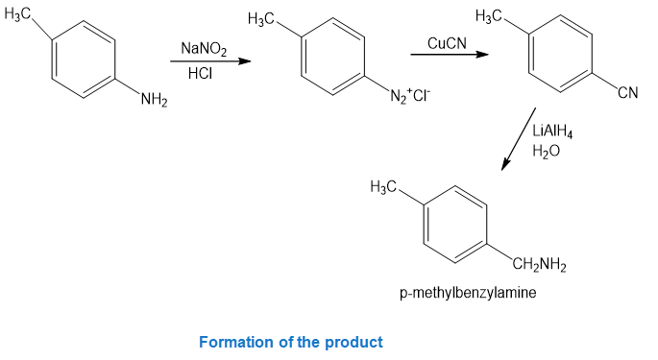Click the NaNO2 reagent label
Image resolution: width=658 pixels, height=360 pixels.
coord(204,49)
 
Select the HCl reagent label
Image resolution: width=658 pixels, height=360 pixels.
coord(200,73)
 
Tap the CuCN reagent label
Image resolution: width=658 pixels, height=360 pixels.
coord(447,43)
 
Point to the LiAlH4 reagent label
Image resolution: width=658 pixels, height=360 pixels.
coord(552,132)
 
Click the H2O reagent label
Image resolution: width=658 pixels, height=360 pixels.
coord(546,151)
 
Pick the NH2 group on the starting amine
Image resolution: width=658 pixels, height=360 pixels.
coord(154,100)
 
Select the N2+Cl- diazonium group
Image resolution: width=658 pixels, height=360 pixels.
coord(410,96)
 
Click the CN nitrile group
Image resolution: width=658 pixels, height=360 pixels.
coord(628,92)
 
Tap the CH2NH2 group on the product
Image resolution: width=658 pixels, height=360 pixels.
coord(539,264)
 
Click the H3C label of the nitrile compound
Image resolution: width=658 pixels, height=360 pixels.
coord(489,16)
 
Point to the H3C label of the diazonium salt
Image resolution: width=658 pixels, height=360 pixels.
coord(261,19)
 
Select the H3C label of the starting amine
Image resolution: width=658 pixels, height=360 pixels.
coord(17,13)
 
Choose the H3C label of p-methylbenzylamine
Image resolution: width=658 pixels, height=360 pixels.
coord(383,186)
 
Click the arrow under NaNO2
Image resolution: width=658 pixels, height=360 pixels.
coord(210,61)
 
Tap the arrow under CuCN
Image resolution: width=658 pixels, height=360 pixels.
coord(450,54)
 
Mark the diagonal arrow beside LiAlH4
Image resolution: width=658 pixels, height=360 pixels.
coord(519,139)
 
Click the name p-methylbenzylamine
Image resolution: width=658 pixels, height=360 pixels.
coord(468,293)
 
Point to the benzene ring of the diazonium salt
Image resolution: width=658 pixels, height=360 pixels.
coord(332,57)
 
